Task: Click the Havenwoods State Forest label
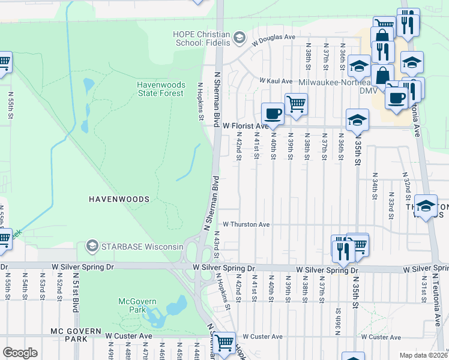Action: [160, 89]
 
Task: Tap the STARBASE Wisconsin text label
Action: [142, 247]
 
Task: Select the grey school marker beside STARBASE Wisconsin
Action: [92, 246]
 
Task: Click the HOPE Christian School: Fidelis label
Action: [203, 38]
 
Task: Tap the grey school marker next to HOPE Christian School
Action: [239, 39]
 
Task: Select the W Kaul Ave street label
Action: [276, 81]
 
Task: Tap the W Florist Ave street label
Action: [245, 127]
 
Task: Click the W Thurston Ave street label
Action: [246, 224]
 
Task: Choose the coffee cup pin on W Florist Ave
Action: [273, 114]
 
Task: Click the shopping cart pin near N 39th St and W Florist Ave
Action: [296, 104]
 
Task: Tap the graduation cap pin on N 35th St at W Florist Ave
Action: [357, 120]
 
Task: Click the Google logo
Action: [20, 353]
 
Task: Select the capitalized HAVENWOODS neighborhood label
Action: [119, 198]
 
